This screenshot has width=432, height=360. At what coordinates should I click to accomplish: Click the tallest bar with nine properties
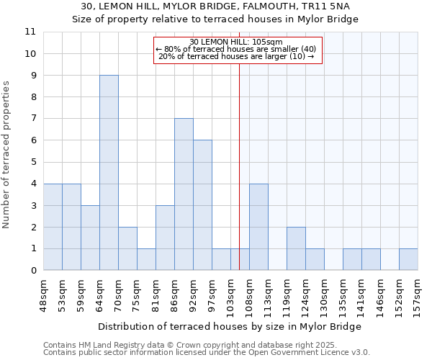click(109, 173)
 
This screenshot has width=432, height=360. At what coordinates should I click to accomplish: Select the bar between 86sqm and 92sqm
click(184, 194)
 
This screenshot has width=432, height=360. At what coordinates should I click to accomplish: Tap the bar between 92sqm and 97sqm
click(202, 205)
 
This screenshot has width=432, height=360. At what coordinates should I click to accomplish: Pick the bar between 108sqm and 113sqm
click(258, 227)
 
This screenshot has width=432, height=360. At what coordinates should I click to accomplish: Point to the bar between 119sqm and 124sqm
click(296, 248)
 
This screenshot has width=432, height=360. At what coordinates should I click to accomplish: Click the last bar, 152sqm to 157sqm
click(408, 259)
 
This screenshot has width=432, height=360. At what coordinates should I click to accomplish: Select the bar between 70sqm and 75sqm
click(127, 248)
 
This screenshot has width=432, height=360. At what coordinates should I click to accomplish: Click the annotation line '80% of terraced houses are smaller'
click(236, 49)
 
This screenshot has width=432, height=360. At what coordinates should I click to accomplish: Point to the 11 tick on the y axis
click(30, 32)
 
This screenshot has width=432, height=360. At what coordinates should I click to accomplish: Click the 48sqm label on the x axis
click(44, 292)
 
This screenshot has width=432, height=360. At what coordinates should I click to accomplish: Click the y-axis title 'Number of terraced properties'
click(6, 154)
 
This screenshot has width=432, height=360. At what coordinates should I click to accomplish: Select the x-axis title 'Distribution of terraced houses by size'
click(230, 326)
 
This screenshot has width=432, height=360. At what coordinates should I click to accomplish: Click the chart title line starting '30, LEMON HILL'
click(215, 6)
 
